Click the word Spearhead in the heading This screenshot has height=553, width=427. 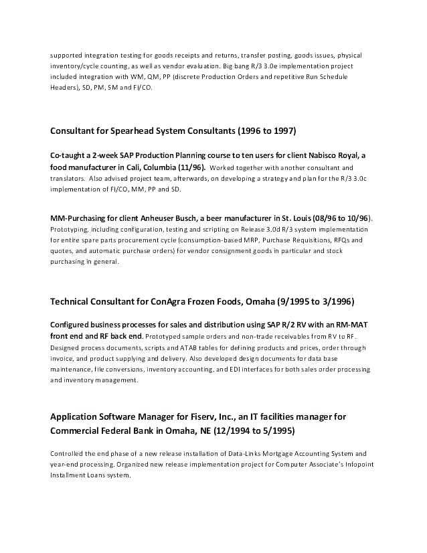(x=129, y=130)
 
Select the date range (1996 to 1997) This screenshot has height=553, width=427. (x=261, y=130)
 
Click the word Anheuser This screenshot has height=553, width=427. (x=175, y=218)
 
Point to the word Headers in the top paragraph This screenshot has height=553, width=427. (x=64, y=88)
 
